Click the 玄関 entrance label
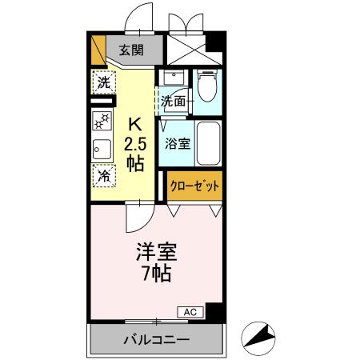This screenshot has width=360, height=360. point(132,50)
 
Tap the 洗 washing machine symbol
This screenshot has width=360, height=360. point(102,82)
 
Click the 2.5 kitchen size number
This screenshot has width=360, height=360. point(134,144)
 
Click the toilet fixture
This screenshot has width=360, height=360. point(206,87)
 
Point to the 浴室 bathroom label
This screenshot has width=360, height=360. point(177,144)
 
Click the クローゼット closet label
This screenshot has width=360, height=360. point(194,185)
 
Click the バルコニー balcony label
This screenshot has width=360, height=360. point(157,340)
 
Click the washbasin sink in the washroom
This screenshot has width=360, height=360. point(171,79)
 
